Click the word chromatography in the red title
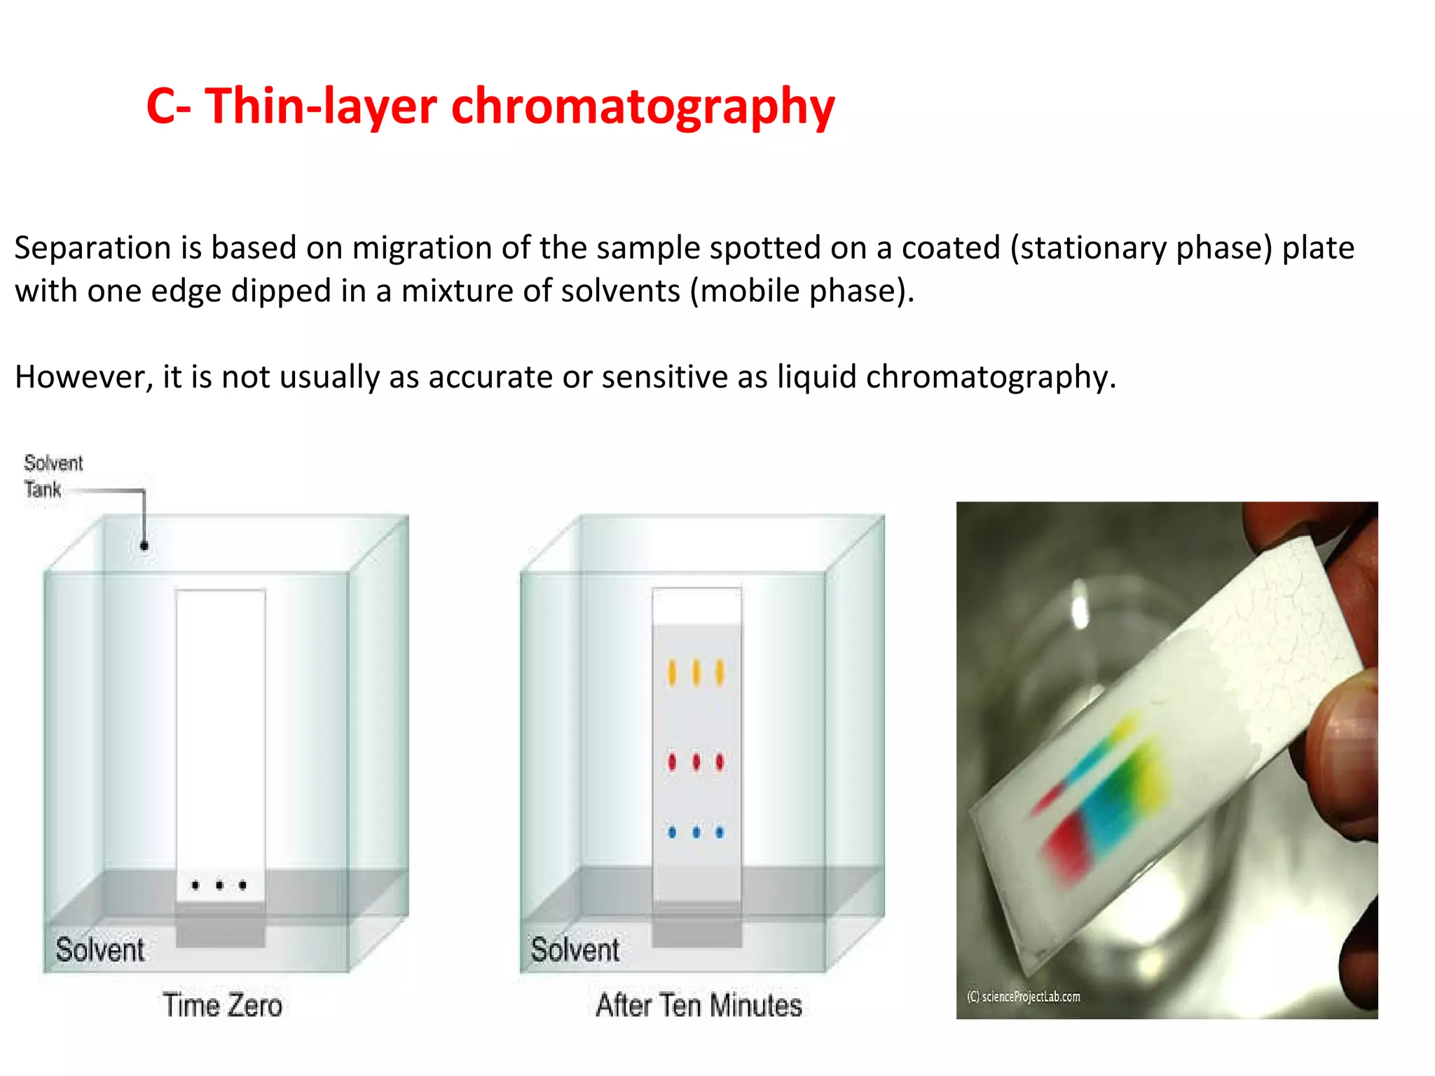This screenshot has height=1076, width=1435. coord(643,107)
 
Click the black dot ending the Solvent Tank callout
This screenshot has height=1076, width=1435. coord(144,546)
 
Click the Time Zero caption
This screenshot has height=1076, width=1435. coord(222,1005)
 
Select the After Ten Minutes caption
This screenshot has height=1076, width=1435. coord(699,1005)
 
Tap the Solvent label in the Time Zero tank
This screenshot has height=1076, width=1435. coord(99,950)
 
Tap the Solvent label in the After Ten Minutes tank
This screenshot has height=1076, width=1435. coord(575,950)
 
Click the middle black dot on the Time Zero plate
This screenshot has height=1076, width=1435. coord(219,885)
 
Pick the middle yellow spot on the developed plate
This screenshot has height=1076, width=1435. coord(696,672)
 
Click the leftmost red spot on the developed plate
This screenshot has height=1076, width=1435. coord(672,761)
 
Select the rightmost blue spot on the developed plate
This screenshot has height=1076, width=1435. coord(720,832)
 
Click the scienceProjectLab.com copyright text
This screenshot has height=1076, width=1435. coord(1023,996)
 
